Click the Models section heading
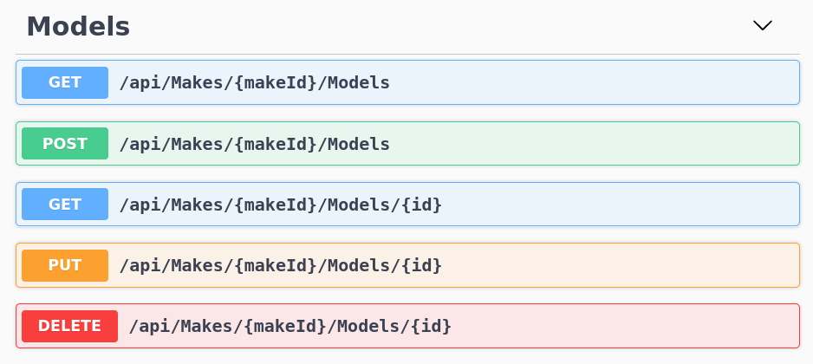(78, 27)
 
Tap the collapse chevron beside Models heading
(762, 26)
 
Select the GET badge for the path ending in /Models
(65, 82)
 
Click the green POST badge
(65, 144)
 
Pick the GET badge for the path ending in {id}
(65, 205)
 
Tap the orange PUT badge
(65, 265)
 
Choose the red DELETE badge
(69, 326)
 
